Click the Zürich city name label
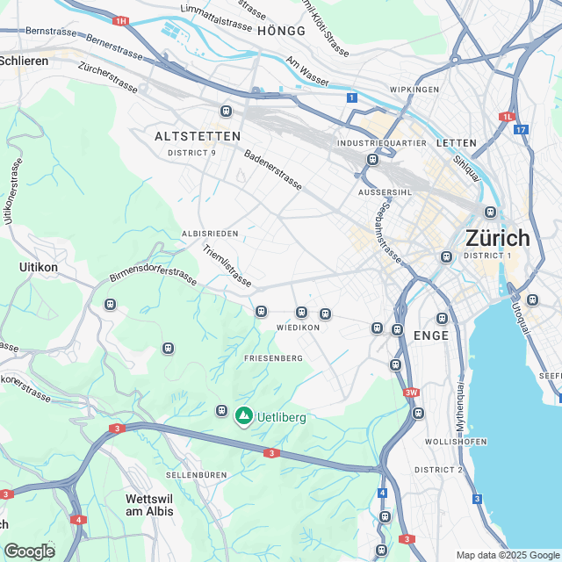497,238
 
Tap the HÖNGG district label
281,31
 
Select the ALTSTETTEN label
197,136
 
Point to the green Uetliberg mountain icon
243,415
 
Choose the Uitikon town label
39,266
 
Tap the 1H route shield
121,20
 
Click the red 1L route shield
507,116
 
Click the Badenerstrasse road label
273,169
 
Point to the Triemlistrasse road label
227,267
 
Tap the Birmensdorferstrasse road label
153,276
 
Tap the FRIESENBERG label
273,358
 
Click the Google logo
29,551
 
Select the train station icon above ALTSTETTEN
226,112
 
